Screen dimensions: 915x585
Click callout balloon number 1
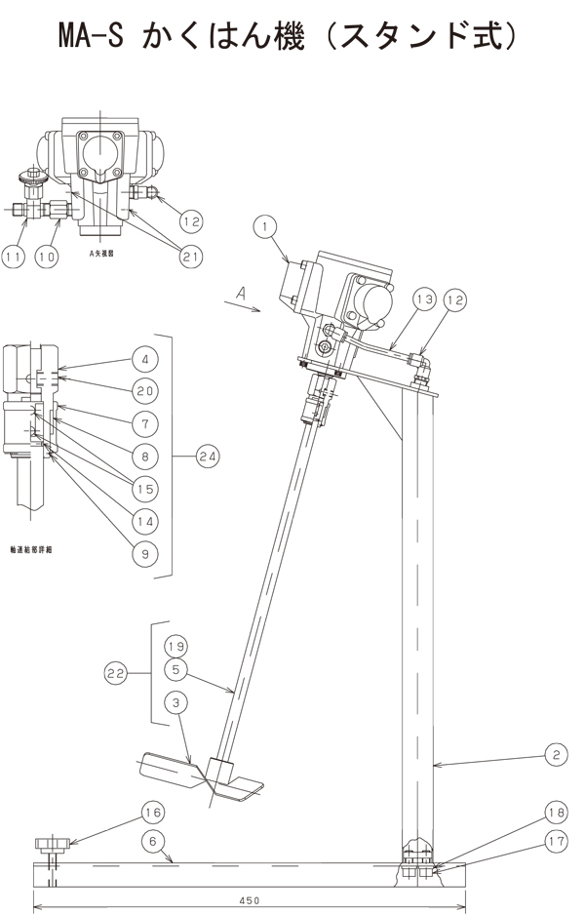point(260,225)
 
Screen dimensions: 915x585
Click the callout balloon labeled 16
point(152,812)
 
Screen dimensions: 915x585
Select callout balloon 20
point(143,390)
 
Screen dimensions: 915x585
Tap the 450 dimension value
point(251,902)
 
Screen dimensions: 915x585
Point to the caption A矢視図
point(101,251)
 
